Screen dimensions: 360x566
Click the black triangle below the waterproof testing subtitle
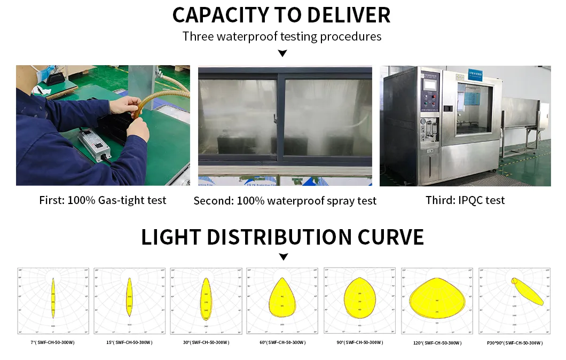click(x=282, y=53)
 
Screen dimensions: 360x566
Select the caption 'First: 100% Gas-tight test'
click(x=103, y=200)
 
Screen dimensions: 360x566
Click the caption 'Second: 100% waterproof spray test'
click(x=285, y=201)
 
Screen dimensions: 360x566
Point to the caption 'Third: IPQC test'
click(x=465, y=200)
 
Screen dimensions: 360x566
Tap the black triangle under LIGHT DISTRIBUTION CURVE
click(x=283, y=257)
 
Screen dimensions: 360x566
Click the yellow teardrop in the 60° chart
click(x=282, y=299)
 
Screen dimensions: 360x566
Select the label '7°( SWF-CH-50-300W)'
click(x=52, y=342)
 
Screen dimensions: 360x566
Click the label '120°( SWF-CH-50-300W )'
click(x=437, y=343)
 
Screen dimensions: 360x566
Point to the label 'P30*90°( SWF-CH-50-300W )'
click(x=514, y=343)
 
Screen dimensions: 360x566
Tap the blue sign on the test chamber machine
click(x=475, y=74)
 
